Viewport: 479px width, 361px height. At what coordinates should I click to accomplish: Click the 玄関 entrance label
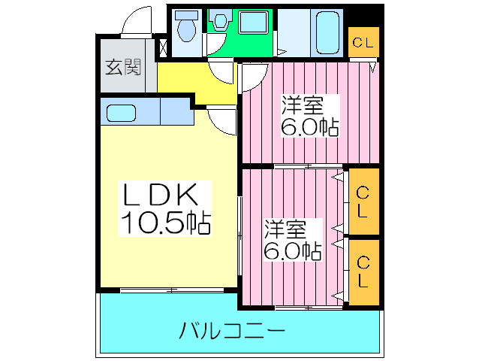122,68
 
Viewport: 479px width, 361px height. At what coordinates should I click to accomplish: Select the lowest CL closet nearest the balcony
363,272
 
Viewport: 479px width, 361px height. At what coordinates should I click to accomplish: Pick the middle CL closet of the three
363,202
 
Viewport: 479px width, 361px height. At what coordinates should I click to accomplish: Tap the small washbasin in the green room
220,22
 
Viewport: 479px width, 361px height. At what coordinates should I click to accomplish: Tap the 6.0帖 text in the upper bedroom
309,127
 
